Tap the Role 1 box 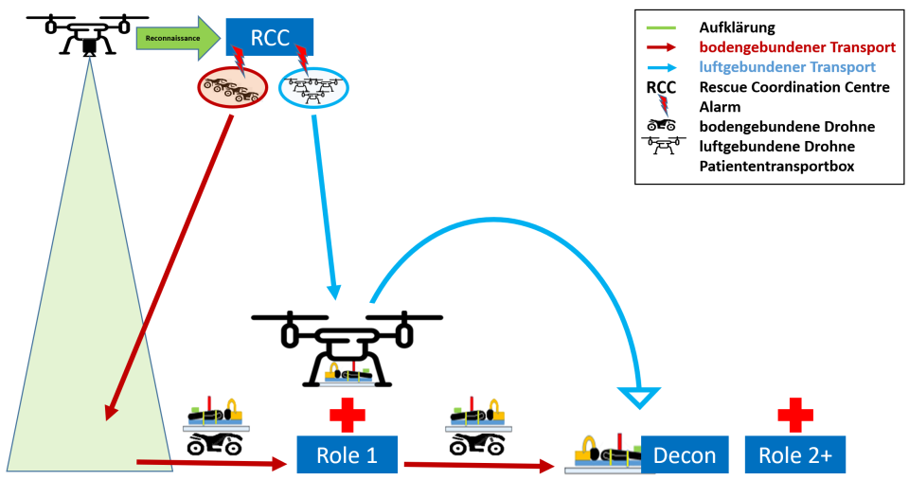click(347, 455)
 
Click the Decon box click(685, 455)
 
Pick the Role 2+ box click(794, 455)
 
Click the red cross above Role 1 click(347, 415)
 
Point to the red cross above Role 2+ click(794, 415)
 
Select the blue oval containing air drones click(313, 89)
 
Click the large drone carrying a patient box click(347, 346)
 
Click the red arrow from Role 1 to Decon click(478, 466)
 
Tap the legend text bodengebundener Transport click(796, 47)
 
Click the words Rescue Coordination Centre click(794, 87)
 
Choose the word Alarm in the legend click(720, 107)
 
